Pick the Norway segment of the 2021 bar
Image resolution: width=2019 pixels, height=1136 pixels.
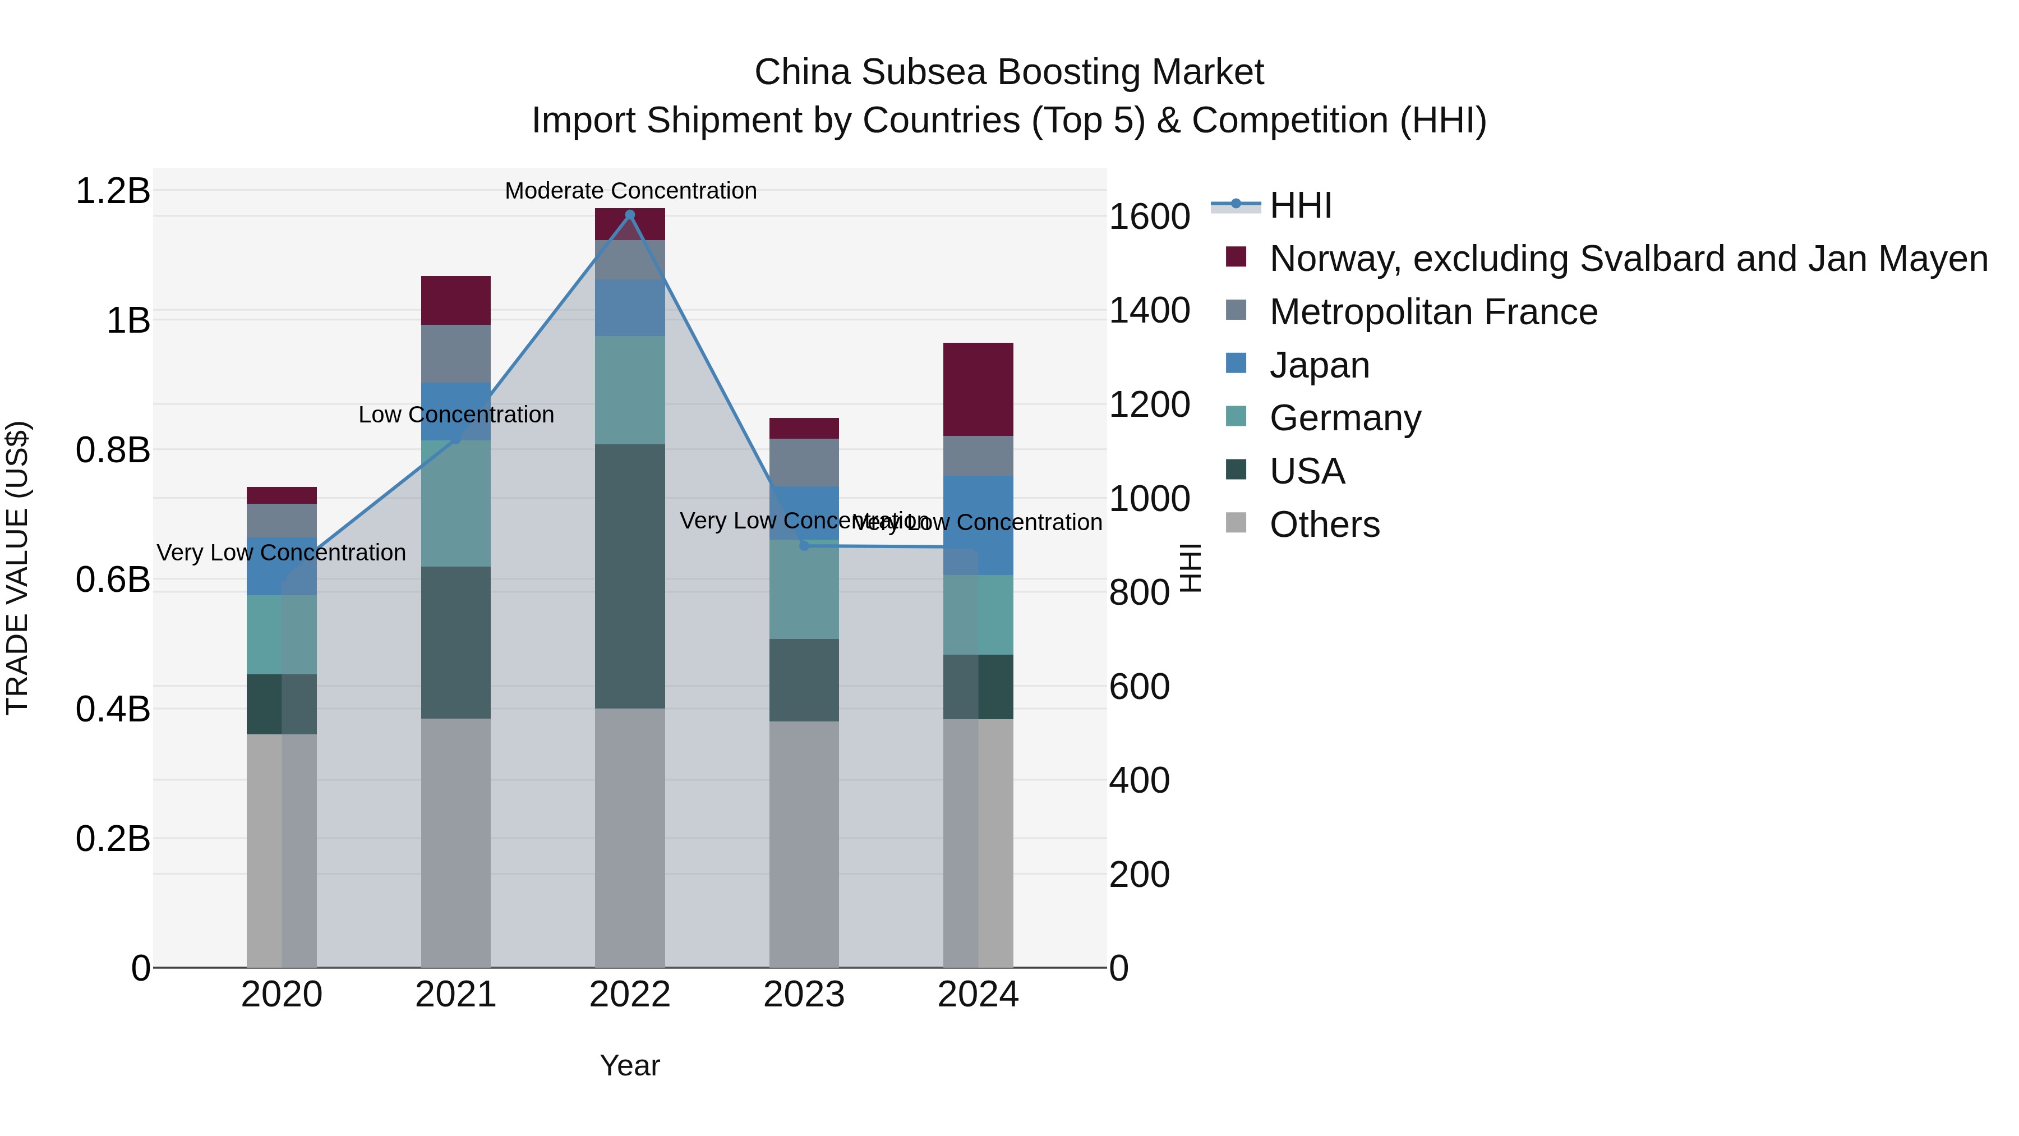pos(455,300)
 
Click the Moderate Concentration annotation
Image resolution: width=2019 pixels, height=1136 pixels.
pos(630,191)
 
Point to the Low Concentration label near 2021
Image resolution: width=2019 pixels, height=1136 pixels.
pos(455,415)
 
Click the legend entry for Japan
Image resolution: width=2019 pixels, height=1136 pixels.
pos(1319,365)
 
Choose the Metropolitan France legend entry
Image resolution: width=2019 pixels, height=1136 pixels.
pos(1433,312)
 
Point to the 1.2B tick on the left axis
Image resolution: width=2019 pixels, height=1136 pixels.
pos(113,191)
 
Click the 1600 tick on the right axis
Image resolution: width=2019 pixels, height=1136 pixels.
pos(1149,217)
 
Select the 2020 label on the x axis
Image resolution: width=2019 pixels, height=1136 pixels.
pos(282,995)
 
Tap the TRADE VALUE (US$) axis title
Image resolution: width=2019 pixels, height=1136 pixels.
pos(17,568)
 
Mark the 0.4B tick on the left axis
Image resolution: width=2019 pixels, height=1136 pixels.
pos(113,709)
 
